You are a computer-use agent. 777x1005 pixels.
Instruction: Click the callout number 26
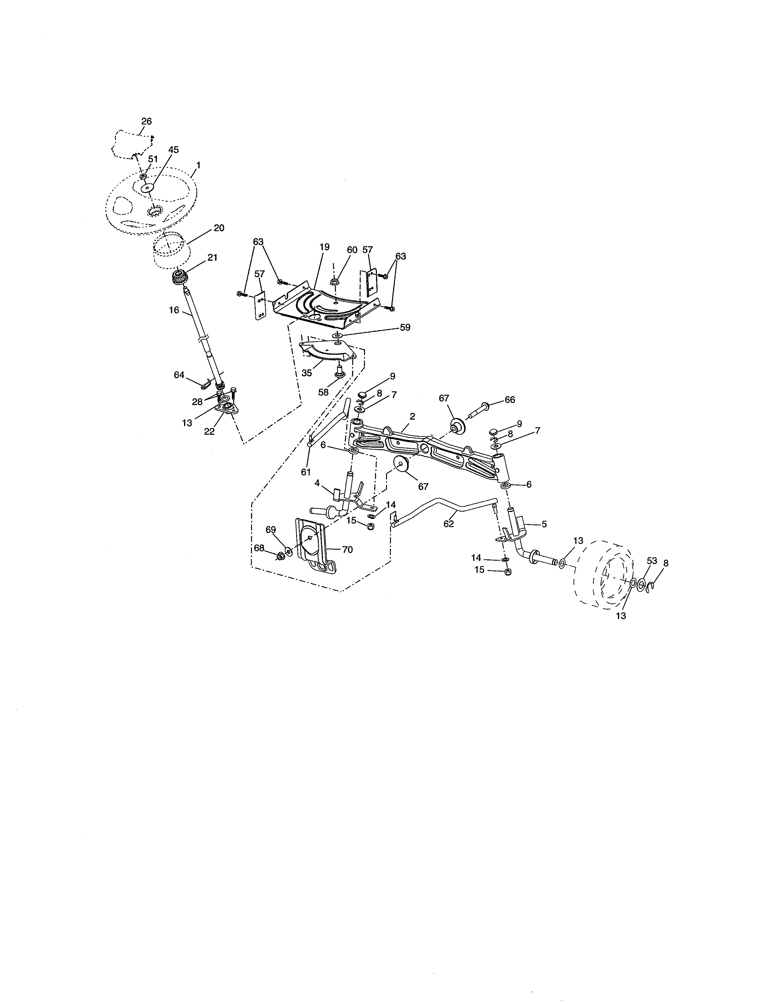146,122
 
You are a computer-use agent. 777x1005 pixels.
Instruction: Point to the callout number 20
219,228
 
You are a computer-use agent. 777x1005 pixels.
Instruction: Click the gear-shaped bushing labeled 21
179,278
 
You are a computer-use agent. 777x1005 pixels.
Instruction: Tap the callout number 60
352,250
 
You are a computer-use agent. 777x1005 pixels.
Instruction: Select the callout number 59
405,328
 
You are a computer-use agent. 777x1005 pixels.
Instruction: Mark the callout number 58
324,393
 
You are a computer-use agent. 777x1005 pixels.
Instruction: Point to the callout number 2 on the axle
413,416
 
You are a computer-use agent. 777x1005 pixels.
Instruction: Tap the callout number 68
260,548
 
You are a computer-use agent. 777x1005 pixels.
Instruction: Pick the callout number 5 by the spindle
544,524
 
